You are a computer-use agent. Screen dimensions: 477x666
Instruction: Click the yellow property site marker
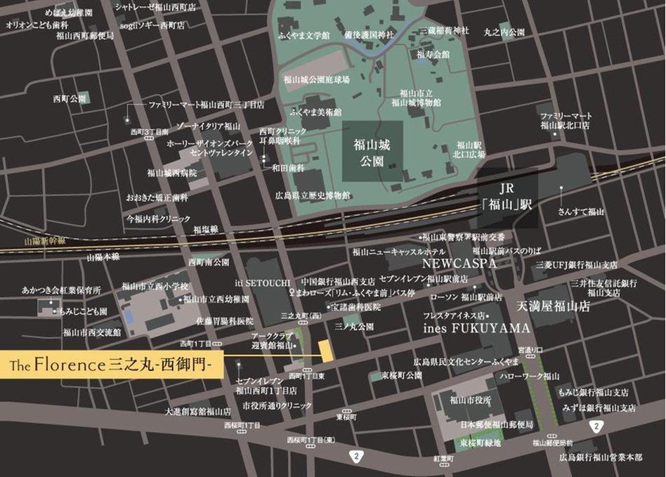click(x=325, y=349)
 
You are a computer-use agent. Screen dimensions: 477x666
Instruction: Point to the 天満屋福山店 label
click(x=553, y=308)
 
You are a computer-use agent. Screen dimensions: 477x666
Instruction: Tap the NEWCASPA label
click(x=459, y=263)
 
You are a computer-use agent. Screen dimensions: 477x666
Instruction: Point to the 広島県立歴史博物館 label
click(x=313, y=195)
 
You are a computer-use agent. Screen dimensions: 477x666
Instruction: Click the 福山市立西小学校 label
click(x=155, y=286)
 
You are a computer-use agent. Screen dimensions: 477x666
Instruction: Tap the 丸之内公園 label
click(x=504, y=32)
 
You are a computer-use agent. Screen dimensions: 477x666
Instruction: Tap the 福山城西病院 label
click(x=171, y=172)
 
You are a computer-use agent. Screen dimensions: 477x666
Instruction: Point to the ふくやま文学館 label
click(x=303, y=34)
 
